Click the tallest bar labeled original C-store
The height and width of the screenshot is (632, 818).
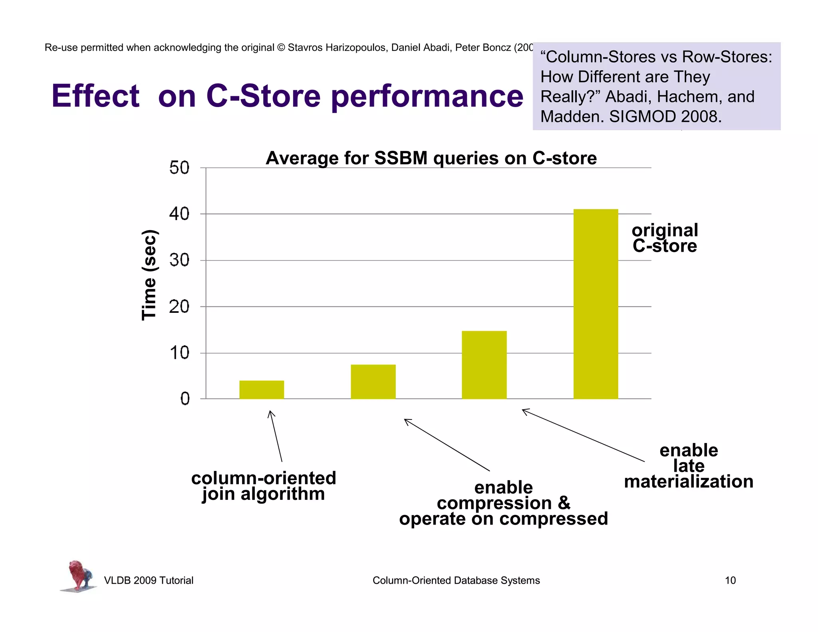point(596,304)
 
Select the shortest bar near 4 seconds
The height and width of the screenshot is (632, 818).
point(262,390)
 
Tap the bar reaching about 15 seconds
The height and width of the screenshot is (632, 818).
point(484,364)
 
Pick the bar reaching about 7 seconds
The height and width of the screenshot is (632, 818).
point(373,382)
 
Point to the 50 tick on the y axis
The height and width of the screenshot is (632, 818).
point(179,168)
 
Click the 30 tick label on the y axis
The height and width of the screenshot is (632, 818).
point(179,260)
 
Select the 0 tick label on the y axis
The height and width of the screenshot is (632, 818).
point(185,399)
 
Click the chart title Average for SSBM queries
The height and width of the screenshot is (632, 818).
point(431,158)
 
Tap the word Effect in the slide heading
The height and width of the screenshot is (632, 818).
point(95,96)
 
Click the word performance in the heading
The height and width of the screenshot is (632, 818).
point(427,97)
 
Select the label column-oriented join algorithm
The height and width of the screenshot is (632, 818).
point(264,486)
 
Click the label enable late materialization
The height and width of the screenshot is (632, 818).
point(689,466)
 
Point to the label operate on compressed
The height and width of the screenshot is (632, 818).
point(503,519)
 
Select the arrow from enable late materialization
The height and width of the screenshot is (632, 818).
point(583,435)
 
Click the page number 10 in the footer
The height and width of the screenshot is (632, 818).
point(730,580)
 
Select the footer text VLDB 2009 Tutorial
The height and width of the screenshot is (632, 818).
point(149,580)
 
